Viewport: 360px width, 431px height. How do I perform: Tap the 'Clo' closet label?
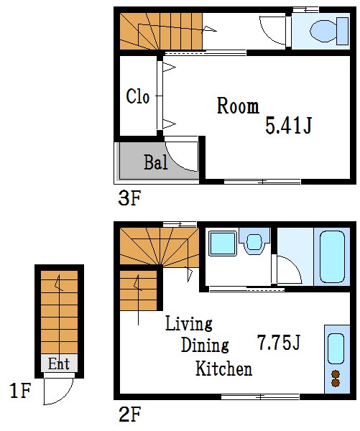[138, 96]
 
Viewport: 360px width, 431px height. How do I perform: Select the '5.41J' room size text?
[288, 125]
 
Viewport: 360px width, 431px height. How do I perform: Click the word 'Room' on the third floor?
[238, 106]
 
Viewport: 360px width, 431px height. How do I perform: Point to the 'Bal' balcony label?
[156, 162]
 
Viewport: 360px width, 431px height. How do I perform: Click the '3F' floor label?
[129, 198]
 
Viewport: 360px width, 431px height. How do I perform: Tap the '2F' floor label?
[129, 414]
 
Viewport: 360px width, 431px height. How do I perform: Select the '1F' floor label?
[20, 391]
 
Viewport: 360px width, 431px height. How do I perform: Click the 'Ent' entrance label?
[59, 363]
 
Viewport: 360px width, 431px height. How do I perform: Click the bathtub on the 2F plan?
[332, 256]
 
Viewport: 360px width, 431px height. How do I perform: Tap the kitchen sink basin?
[336, 348]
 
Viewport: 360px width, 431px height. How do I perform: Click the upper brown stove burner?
[336, 374]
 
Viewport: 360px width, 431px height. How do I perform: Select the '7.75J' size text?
[279, 342]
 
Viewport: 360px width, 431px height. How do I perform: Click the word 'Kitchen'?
[224, 369]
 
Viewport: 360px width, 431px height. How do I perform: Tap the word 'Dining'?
[205, 345]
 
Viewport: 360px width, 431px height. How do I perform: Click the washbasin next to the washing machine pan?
[254, 242]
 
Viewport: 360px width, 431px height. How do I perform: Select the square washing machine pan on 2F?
[223, 244]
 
